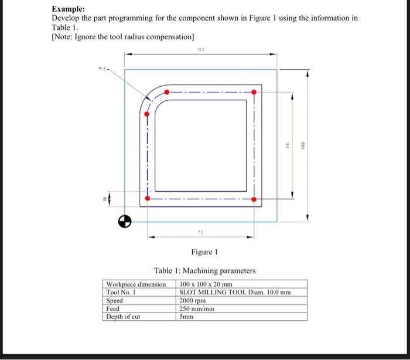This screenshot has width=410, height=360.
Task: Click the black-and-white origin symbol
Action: click(123, 221)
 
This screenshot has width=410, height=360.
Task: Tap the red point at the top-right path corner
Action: click(254, 92)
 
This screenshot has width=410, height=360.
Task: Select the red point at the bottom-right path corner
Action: click(254, 199)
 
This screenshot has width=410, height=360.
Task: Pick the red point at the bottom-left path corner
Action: click(147, 199)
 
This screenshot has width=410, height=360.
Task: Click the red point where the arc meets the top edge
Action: click(167, 92)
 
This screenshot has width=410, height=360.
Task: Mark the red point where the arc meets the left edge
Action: click(147, 114)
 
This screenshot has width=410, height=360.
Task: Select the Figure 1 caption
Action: click(204, 252)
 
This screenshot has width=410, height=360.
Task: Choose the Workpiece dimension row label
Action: click(136, 284)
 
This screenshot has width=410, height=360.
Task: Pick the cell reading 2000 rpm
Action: click(193, 300)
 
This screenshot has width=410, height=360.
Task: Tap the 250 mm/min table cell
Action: click(197, 308)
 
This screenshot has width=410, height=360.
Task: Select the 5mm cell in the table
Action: click(186, 317)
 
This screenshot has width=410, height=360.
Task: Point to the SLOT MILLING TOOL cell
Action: click(234, 292)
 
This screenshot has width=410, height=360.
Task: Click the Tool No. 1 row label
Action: click(121, 292)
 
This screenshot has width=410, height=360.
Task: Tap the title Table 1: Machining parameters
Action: click(204, 271)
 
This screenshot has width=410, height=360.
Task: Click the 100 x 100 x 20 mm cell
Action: click(206, 284)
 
